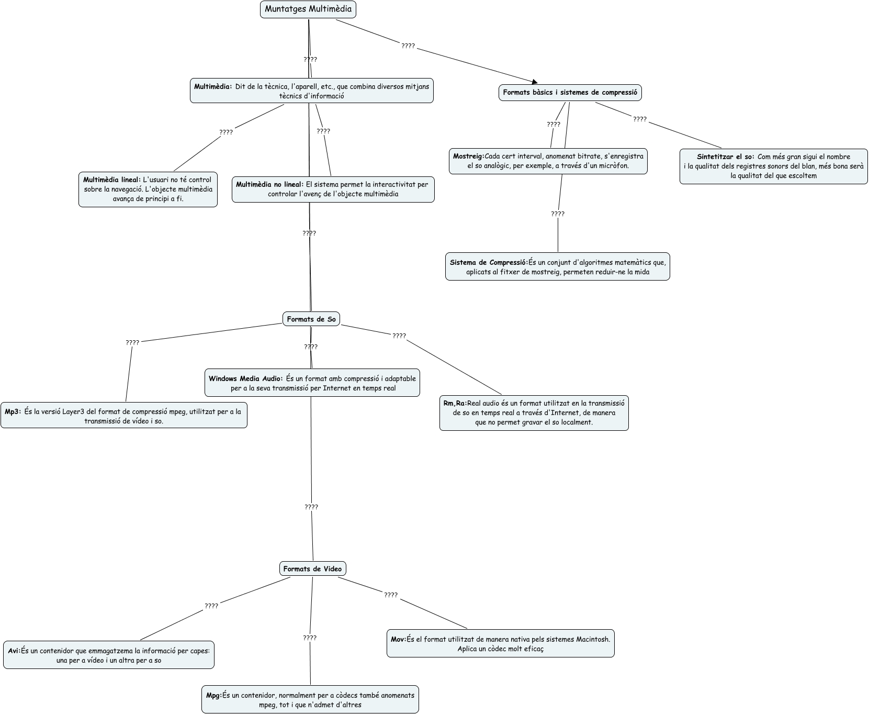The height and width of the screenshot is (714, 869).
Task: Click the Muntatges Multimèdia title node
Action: [x=308, y=9]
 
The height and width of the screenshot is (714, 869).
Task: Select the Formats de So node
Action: [x=311, y=319]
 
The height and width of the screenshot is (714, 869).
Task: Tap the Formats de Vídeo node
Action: [x=312, y=569]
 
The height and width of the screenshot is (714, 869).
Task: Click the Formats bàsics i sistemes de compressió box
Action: [x=570, y=93]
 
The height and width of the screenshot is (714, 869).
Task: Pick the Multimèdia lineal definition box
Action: [x=148, y=189]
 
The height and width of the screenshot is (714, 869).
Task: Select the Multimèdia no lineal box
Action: [x=333, y=189]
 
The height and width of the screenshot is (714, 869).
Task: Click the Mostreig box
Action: [x=548, y=161]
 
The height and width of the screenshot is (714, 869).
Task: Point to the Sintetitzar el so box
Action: [x=773, y=166]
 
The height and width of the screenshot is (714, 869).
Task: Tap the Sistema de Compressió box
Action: [x=557, y=267]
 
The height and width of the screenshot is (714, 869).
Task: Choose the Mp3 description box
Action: [x=123, y=416]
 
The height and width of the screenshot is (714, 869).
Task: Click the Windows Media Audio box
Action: [x=312, y=383]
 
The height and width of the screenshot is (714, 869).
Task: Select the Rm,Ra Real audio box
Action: [x=534, y=413]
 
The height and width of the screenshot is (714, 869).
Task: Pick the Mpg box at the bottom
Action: [x=310, y=700]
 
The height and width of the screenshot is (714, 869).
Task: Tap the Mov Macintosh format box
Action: [x=500, y=644]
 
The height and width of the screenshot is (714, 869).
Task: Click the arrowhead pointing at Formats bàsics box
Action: [x=534, y=82]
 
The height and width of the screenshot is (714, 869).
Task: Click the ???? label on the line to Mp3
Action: [x=132, y=343]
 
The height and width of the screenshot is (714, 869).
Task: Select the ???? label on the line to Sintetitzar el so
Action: [x=640, y=119]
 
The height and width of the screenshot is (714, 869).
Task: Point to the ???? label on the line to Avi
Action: [x=211, y=606]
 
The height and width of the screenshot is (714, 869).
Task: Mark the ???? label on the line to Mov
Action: [x=391, y=595]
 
